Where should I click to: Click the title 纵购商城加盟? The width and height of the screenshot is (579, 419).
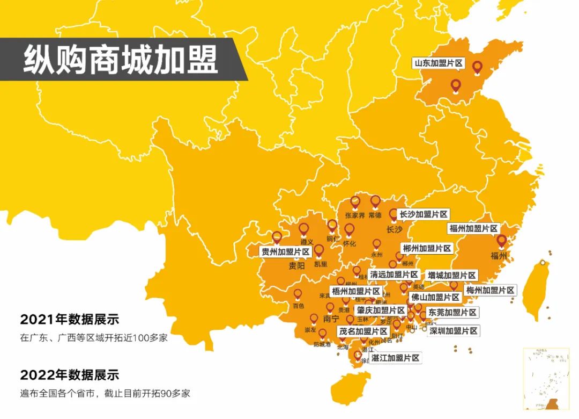tap(121, 59)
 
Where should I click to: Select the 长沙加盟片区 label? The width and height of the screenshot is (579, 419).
tap(424, 214)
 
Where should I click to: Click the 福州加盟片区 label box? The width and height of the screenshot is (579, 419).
tap(474, 228)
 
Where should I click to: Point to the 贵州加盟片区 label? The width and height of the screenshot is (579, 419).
tap(285, 251)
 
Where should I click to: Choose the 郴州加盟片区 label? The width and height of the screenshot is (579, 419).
tap(427, 248)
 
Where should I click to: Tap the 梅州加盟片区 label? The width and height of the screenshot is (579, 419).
tap(490, 290)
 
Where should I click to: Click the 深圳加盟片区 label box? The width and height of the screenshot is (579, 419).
tap(453, 331)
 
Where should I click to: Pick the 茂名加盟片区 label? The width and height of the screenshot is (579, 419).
tap(363, 331)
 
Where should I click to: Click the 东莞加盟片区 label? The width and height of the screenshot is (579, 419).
tap(451, 312)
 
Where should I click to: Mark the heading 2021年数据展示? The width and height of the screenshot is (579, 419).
tap(69, 320)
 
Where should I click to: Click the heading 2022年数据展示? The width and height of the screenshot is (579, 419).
tap(69, 374)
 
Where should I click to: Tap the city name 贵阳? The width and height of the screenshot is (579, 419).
tap(296, 265)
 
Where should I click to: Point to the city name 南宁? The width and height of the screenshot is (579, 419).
tap(331, 319)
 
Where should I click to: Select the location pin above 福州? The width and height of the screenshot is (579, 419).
tap(502, 241)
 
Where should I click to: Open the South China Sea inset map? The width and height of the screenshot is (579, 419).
tap(546, 379)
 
